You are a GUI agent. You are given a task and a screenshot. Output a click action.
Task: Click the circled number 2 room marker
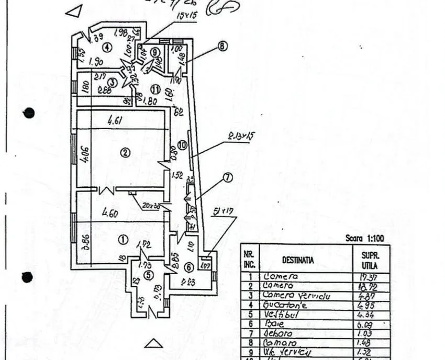(125, 153)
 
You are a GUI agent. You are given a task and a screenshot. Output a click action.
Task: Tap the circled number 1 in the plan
(123, 240)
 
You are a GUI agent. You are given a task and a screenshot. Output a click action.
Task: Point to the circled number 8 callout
(222, 46)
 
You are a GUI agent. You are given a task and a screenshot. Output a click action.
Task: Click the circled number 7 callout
(227, 178)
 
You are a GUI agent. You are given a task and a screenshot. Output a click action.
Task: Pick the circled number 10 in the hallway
(182, 145)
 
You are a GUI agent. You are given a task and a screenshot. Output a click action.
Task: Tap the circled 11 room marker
(155, 88)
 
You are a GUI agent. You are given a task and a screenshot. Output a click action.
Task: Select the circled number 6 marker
(189, 267)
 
